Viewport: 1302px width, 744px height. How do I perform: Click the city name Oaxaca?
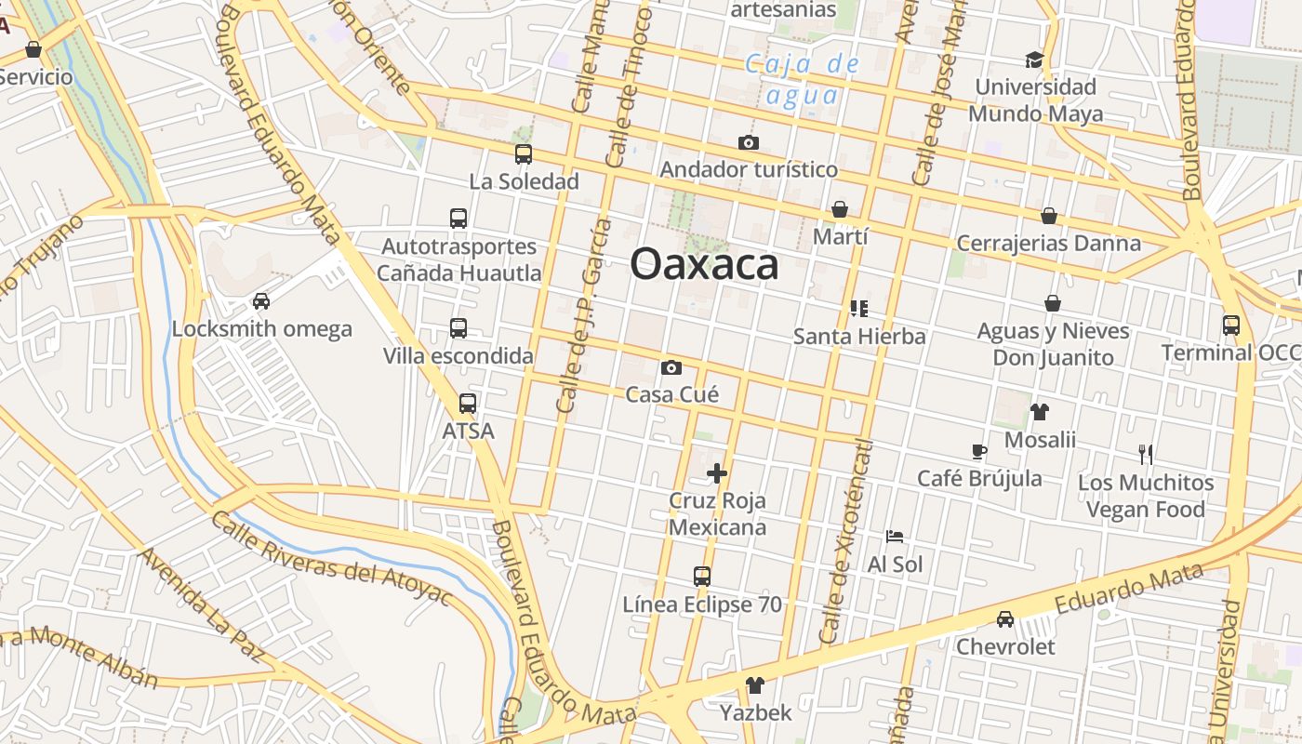click(x=704, y=265)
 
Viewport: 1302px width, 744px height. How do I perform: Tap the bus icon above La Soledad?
click(x=524, y=154)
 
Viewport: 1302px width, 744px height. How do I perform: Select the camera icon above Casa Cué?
click(x=671, y=368)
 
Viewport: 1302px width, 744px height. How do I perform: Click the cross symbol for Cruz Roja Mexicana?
click(x=717, y=473)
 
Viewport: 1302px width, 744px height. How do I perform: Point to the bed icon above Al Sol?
click(x=895, y=537)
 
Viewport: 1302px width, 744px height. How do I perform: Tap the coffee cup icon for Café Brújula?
click(x=978, y=452)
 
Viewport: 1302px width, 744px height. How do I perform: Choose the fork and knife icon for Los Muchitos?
click(x=1146, y=455)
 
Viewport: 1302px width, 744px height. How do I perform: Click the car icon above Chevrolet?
click(x=1005, y=619)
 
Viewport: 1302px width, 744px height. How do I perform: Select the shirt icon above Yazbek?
click(x=755, y=685)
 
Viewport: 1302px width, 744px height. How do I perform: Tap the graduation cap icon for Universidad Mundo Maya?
click(x=1034, y=60)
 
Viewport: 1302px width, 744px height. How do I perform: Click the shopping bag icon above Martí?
click(x=840, y=209)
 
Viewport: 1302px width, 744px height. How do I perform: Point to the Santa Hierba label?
click(x=859, y=336)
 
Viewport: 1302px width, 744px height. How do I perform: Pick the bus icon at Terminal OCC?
click(x=1231, y=325)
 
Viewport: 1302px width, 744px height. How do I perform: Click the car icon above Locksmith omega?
click(x=261, y=301)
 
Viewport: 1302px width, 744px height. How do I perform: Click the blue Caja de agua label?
click(x=804, y=79)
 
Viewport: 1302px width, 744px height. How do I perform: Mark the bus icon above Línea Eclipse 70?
click(x=702, y=577)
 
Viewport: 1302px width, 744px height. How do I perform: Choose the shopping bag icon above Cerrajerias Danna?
click(x=1049, y=216)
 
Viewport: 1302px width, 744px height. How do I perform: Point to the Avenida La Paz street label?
click(x=201, y=604)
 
